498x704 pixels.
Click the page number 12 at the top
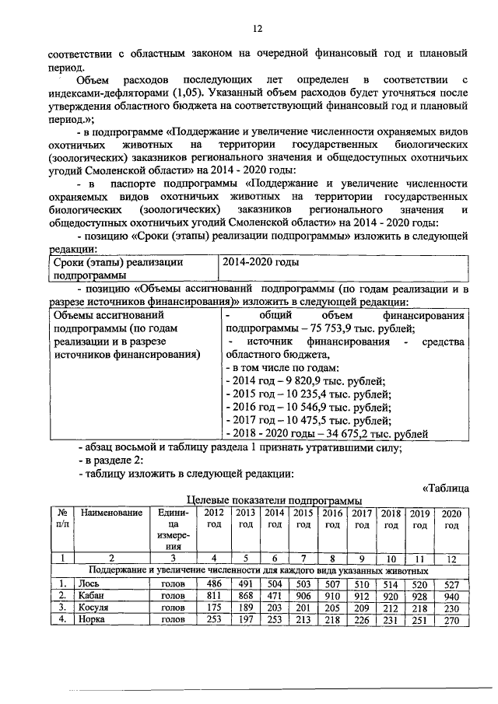[257, 29]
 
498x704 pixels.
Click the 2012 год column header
[212, 519]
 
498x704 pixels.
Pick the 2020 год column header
[451, 519]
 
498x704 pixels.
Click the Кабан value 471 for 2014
[273, 595]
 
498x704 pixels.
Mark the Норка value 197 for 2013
[245, 620]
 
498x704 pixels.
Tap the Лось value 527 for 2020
[451, 583]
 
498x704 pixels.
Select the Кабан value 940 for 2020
[451, 595]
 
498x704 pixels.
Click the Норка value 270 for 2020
[451, 620]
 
